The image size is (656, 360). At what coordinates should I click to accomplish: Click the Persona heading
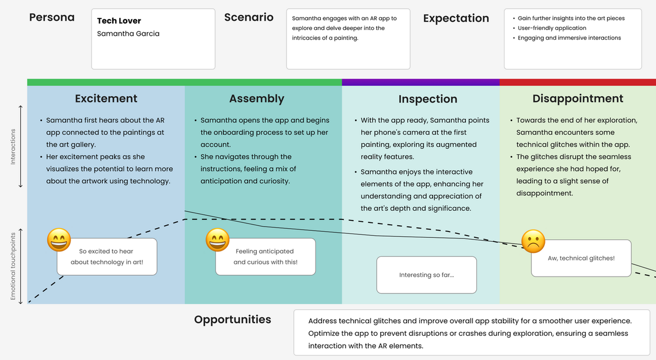pos(52,18)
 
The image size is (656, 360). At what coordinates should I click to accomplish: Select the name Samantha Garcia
pos(128,33)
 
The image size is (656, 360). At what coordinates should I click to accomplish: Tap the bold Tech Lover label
pos(119,21)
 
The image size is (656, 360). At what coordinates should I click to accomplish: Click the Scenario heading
pos(248,18)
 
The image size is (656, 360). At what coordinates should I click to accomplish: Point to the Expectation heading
pos(456,18)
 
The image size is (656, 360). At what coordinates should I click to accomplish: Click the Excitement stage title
pos(106,98)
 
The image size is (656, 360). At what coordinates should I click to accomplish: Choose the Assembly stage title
pos(256,99)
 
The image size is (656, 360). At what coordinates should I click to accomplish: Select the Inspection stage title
pos(427,99)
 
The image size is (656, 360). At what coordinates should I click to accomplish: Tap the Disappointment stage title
pos(578,98)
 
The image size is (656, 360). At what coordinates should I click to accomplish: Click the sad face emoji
pos(533,241)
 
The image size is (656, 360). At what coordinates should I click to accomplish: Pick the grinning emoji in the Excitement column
pos(59,240)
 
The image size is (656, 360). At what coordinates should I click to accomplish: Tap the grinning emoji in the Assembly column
pos(218,240)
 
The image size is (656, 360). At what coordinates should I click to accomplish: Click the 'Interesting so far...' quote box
pos(426,275)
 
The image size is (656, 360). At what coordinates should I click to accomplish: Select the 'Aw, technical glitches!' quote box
pos(581,258)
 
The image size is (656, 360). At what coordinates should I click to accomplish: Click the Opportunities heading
pos(233,320)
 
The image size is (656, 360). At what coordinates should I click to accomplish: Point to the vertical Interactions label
pos(13,146)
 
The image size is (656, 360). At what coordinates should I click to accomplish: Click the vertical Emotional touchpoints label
pos(13,266)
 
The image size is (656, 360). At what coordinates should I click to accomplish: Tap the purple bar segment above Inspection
pos(420,82)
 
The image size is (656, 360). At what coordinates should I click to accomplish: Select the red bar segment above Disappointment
pos(578,82)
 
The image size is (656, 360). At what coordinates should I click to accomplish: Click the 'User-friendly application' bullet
pos(552,28)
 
